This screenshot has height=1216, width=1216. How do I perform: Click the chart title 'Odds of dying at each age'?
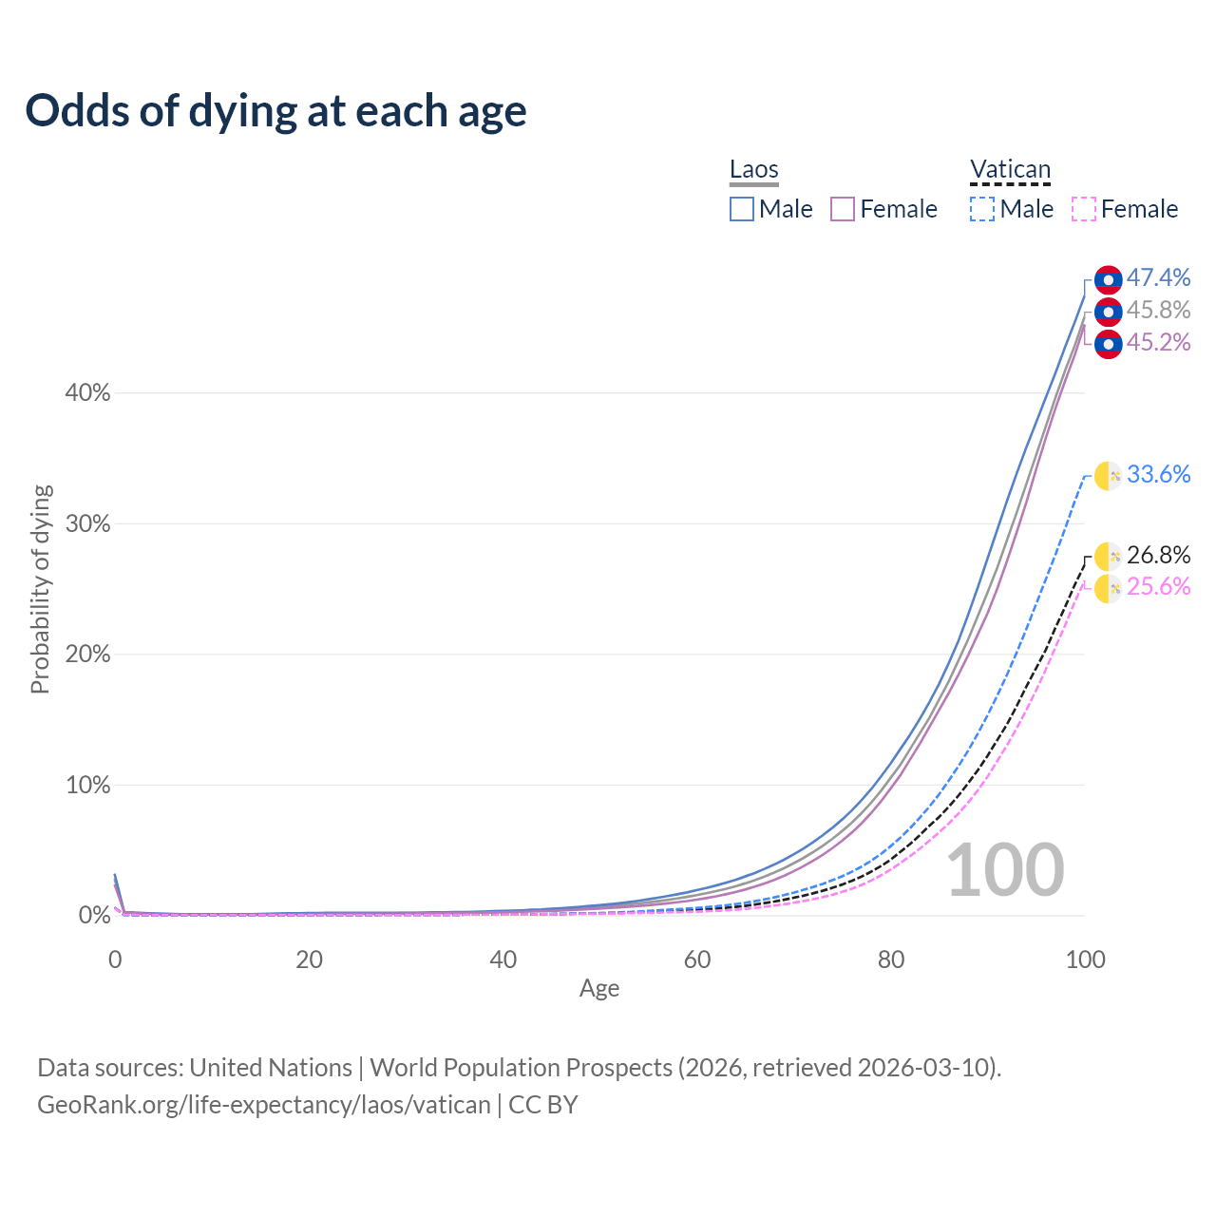pyautogui.click(x=275, y=111)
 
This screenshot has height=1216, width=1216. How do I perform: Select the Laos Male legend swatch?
pyautogui.click(x=742, y=209)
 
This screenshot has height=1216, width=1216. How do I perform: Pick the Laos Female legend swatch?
pyautogui.click(x=843, y=209)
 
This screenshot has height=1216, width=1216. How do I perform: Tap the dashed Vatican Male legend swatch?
pyautogui.click(x=982, y=209)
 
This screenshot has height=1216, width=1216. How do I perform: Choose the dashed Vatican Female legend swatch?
pyautogui.click(x=1084, y=209)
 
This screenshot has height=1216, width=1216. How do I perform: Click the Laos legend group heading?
pyautogui.click(x=754, y=170)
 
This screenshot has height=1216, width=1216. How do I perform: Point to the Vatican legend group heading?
pyautogui.click(x=1010, y=170)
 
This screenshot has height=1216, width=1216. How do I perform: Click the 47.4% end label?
pyautogui.click(x=1158, y=277)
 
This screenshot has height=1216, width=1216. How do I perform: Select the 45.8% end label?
pyautogui.click(x=1158, y=310)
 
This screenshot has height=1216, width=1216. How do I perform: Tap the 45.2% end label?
pyautogui.click(x=1158, y=342)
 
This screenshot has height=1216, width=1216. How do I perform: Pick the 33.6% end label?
pyautogui.click(x=1158, y=474)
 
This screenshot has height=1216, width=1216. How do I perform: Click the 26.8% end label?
pyautogui.click(x=1158, y=555)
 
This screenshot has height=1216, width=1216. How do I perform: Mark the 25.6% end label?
pyautogui.click(x=1158, y=586)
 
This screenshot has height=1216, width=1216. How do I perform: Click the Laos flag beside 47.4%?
pyautogui.click(x=1108, y=279)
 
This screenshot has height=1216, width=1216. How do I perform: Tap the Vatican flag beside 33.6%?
pyautogui.click(x=1108, y=475)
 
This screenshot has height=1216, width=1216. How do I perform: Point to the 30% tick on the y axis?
pyautogui.click(x=87, y=523)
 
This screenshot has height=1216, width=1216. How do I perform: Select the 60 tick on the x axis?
pyautogui.click(x=697, y=959)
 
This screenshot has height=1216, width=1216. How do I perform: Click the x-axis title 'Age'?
pyautogui.click(x=599, y=988)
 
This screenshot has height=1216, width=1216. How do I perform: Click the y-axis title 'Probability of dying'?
pyautogui.click(x=40, y=589)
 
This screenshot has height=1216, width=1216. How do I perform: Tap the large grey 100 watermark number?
pyautogui.click(x=1005, y=870)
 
